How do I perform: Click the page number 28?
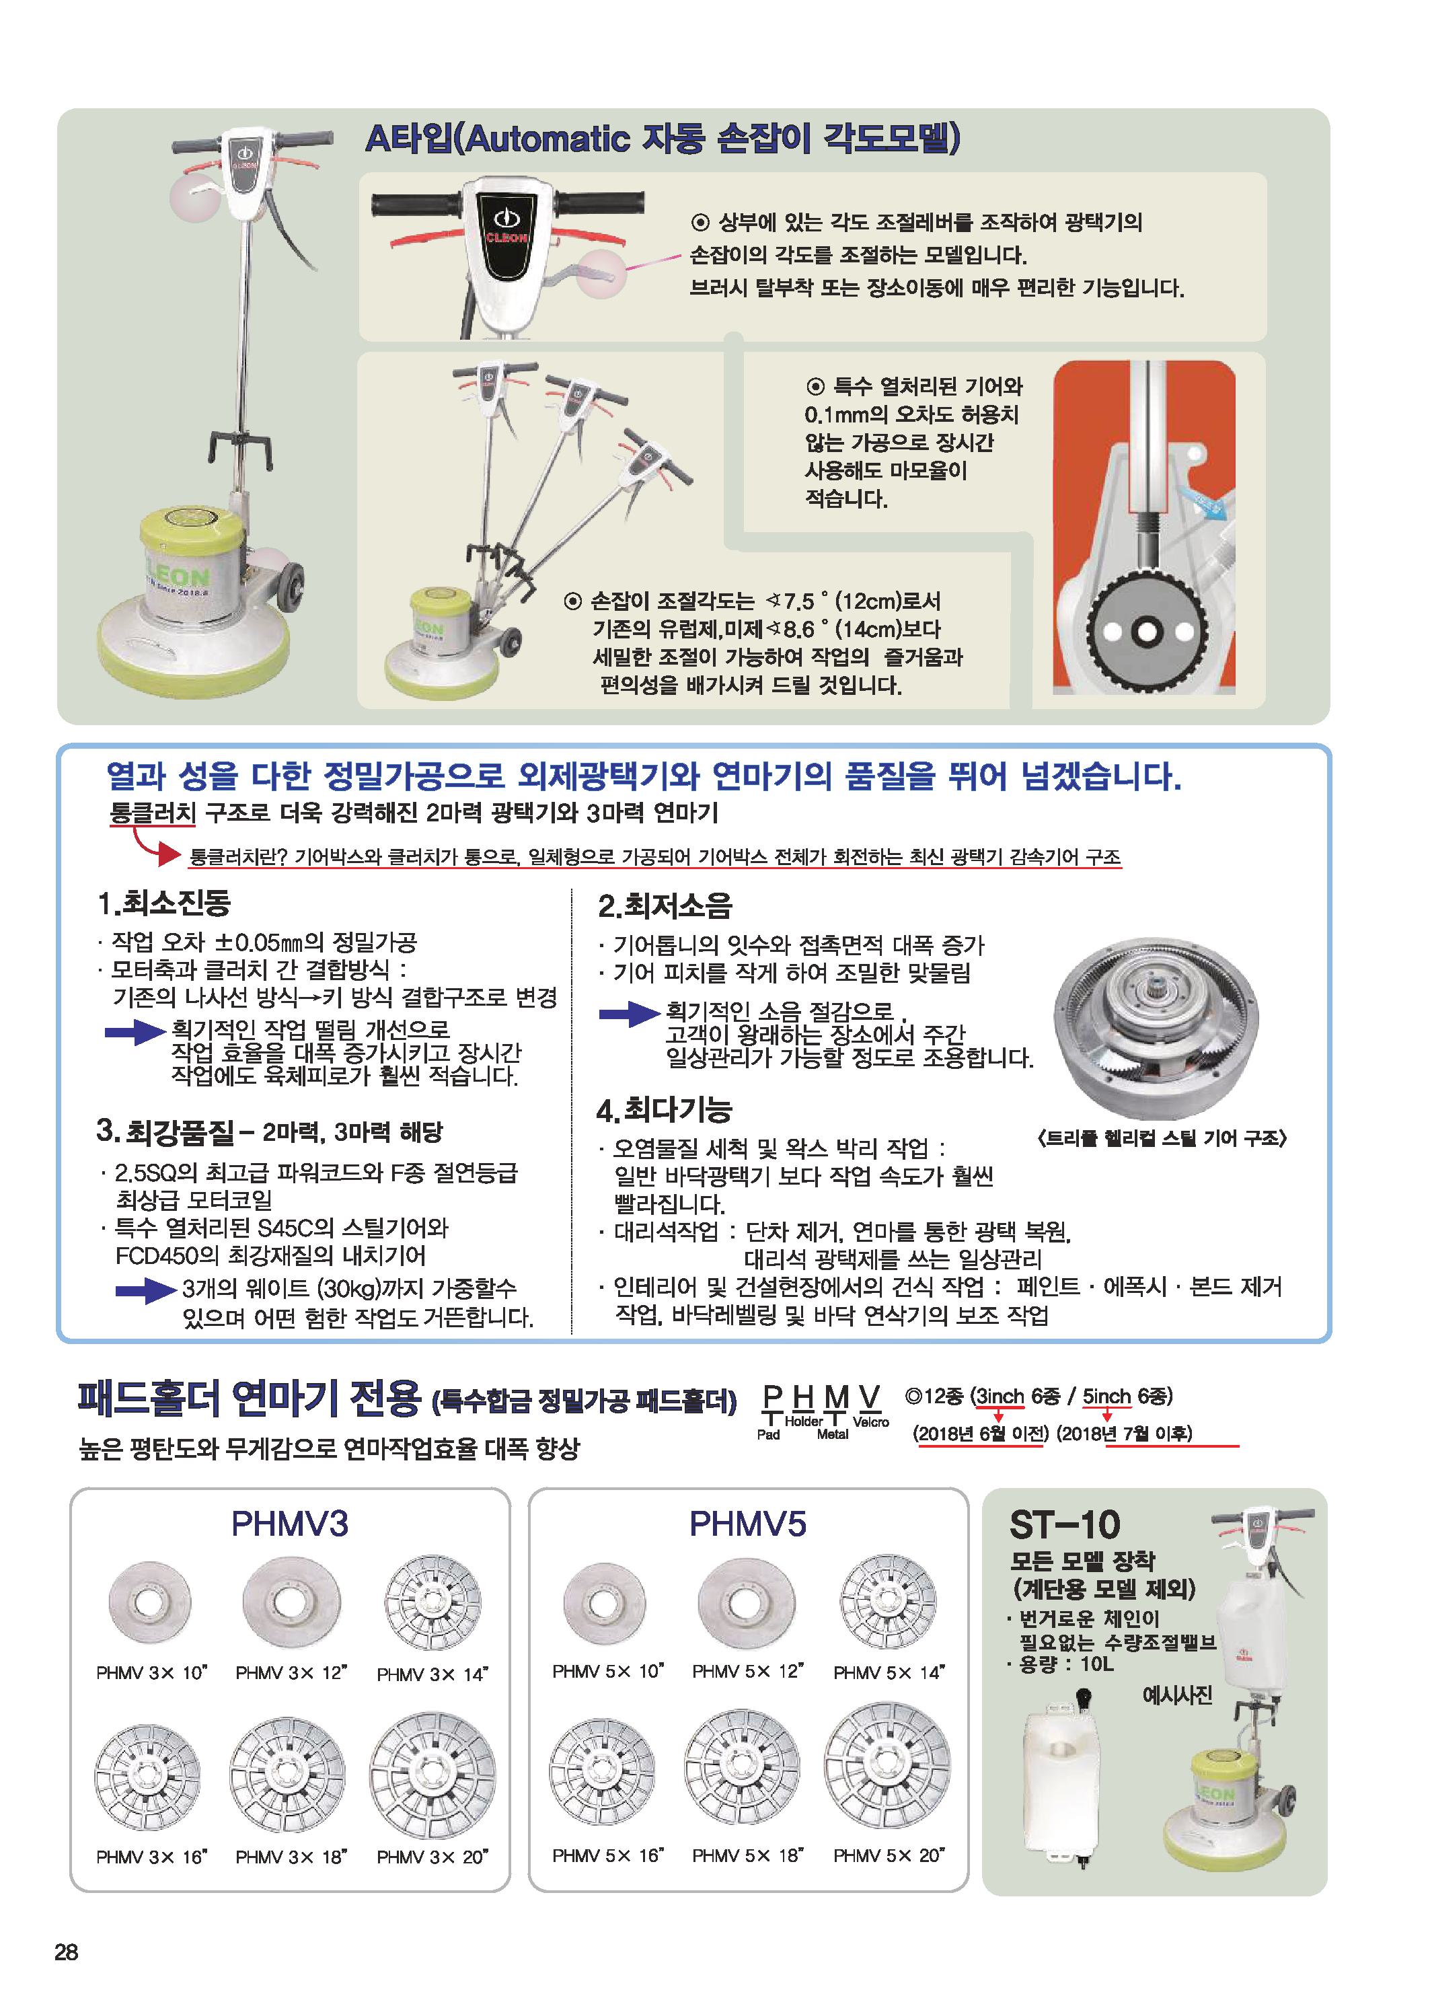[66, 1952]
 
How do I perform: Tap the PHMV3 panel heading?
[290, 1524]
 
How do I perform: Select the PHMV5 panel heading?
[747, 1524]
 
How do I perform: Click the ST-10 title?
[1065, 1525]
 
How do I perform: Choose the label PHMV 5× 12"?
[747, 1672]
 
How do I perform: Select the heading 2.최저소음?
[665, 906]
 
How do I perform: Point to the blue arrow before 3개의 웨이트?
[146, 1291]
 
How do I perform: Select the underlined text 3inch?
[1000, 1397]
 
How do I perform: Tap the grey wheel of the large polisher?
[291, 584]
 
